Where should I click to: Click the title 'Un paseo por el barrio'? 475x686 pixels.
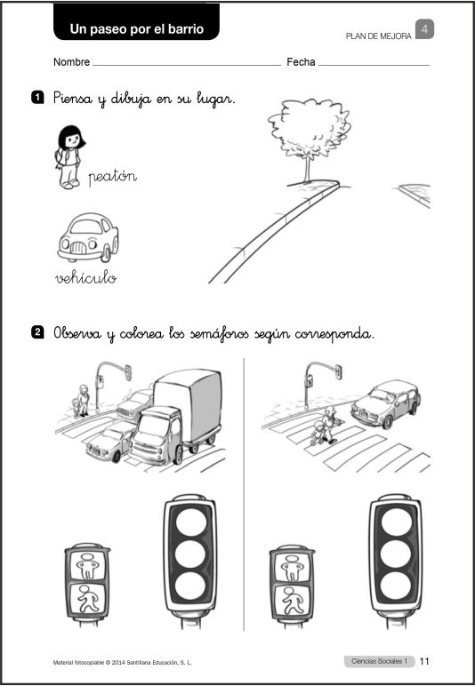[137, 29]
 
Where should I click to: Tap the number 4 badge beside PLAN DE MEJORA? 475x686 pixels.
[425, 30]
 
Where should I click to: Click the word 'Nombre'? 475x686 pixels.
[71, 63]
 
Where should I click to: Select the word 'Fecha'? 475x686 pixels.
[301, 63]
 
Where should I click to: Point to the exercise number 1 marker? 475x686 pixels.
[37, 97]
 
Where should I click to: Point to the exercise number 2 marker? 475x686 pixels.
[37, 333]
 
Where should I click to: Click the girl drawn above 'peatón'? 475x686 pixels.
[68, 156]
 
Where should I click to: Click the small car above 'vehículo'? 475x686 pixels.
[87, 237]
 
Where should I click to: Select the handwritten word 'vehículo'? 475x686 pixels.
[85, 278]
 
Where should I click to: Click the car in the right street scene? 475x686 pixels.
[386, 403]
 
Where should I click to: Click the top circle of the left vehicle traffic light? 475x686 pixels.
[189, 522]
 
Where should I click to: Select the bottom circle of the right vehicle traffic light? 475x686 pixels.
[394, 585]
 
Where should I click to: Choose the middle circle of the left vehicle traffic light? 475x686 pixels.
[189, 554]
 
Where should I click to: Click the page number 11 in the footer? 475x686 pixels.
[424, 661]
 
